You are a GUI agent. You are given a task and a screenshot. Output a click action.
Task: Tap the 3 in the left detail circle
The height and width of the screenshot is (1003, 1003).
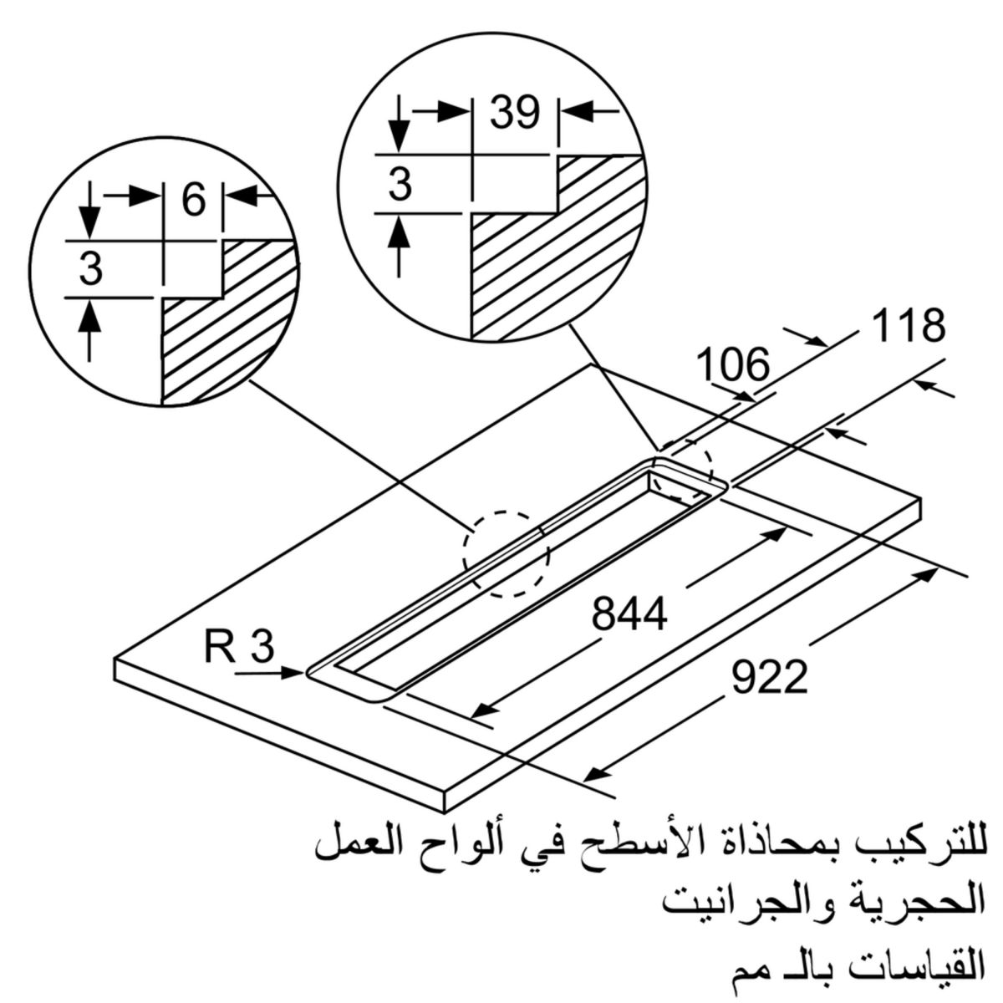tap(91, 269)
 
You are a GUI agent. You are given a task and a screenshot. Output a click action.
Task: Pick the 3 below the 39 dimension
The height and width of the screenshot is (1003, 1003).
tap(401, 184)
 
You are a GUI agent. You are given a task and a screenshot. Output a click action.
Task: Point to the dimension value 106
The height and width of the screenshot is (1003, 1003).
tap(731, 364)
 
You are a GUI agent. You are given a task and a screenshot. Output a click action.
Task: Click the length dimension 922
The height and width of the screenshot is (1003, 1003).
tap(770, 677)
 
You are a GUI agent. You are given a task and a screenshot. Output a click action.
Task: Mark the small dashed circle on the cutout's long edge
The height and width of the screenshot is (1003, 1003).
tap(508, 554)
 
